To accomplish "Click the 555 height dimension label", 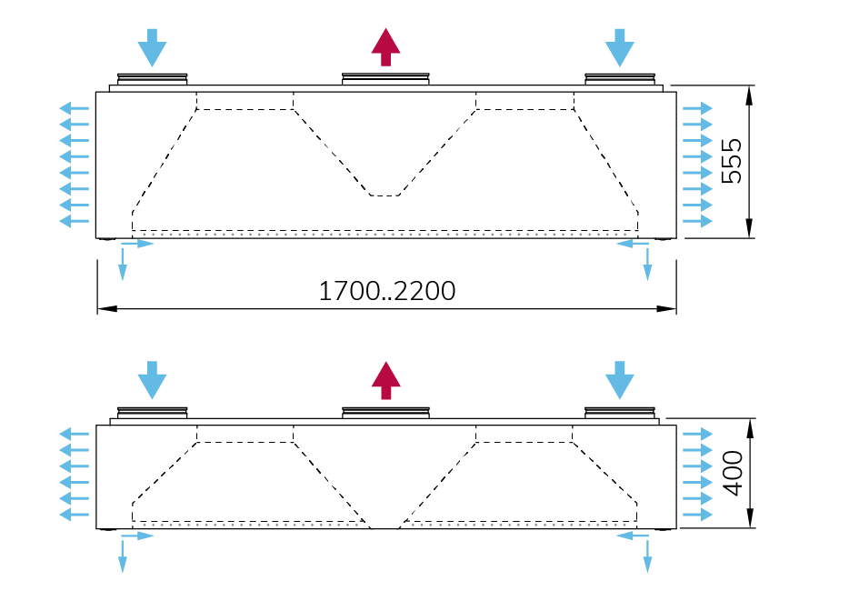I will (x=732, y=162).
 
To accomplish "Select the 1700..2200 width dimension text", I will (x=386, y=291).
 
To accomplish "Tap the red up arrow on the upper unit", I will (x=386, y=46).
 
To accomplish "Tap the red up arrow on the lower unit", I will (x=386, y=380).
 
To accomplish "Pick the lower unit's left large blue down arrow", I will (x=152, y=380).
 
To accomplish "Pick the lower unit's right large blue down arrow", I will (x=620, y=380).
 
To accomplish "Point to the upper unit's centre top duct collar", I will (x=386, y=80).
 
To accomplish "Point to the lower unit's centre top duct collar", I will (x=386, y=413).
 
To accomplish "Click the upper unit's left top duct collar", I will (x=152, y=80).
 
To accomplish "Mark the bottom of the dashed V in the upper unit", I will (x=385, y=195).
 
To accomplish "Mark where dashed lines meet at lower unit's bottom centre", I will (x=383, y=526).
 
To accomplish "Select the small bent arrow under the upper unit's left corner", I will (x=127, y=255).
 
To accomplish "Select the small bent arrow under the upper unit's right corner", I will (x=642, y=255).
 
